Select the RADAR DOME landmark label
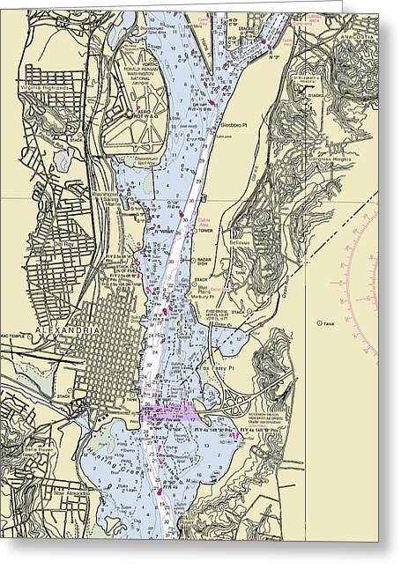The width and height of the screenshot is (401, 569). pyautogui.click(x=209, y=262)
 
